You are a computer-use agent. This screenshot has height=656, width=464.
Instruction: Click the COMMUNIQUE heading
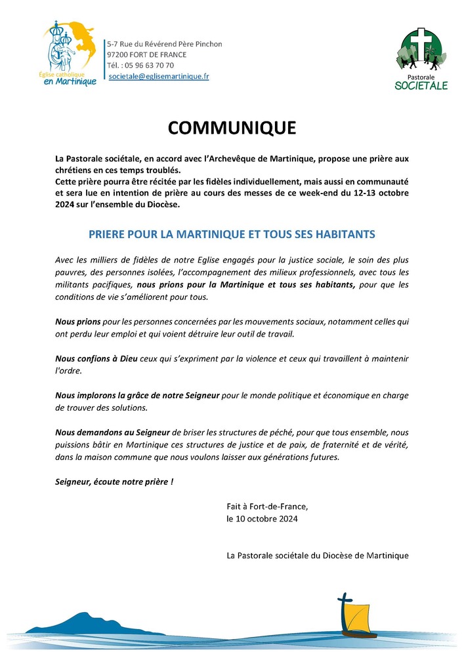click(232, 128)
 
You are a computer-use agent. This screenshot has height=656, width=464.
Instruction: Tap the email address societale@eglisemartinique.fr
click(159, 77)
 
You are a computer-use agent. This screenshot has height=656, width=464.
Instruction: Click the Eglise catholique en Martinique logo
click(70, 54)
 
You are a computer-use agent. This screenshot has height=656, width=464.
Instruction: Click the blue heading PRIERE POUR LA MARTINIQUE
click(232, 234)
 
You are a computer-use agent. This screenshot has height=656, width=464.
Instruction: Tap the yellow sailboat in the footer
click(358, 621)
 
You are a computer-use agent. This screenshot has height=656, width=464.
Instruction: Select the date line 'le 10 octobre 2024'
click(262, 519)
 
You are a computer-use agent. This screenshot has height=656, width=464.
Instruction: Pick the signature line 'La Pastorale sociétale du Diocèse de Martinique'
click(317, 555)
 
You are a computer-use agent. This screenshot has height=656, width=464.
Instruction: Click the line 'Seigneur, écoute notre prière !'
click(115, 482)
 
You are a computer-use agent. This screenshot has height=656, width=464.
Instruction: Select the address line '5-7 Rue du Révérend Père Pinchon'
click(165, 44)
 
